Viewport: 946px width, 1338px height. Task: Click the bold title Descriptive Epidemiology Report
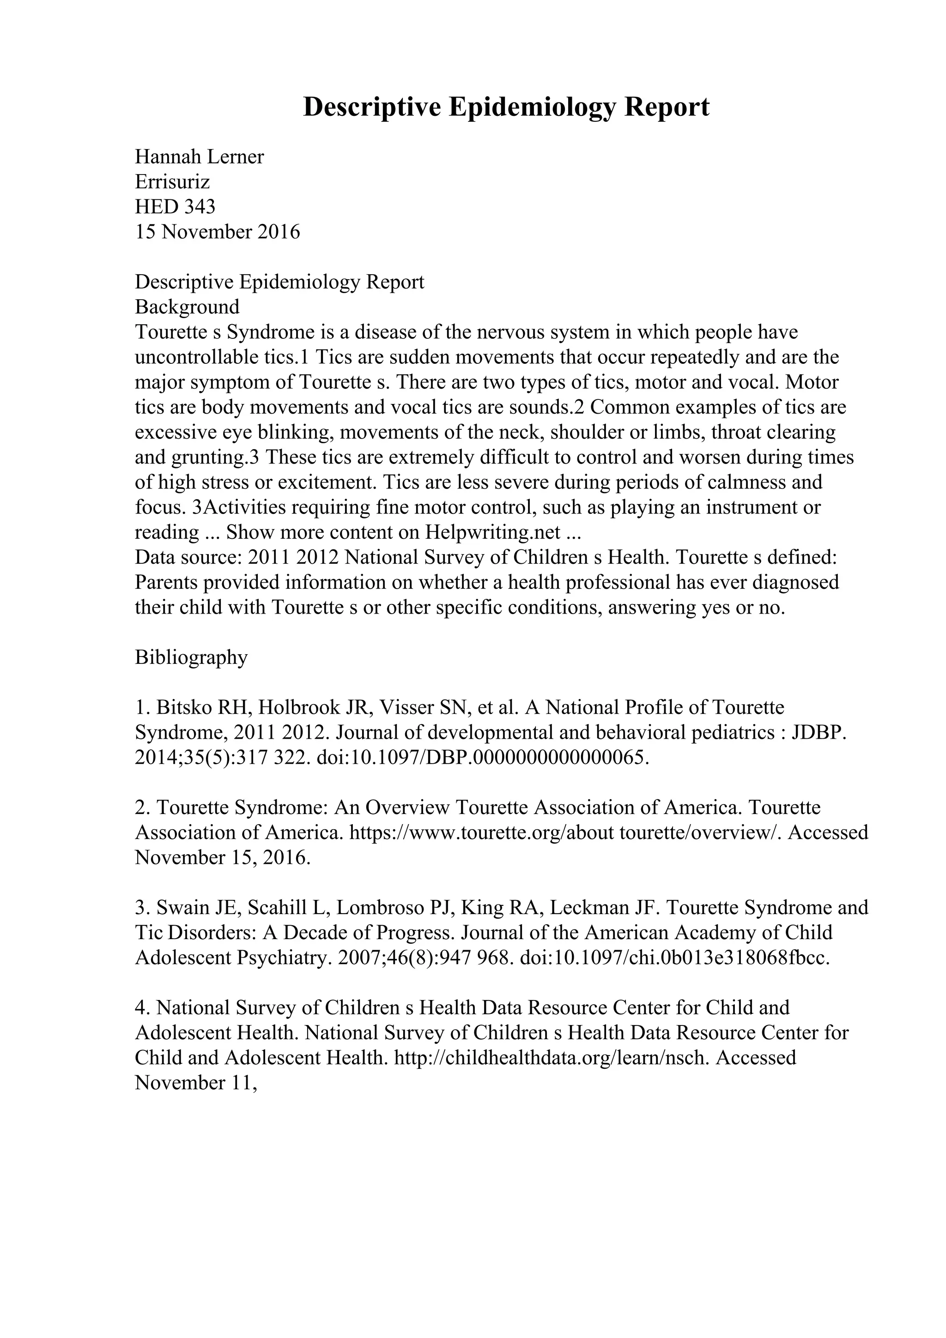(x=506, y=107)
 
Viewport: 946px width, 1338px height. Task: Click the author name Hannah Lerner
(x=200, y=157)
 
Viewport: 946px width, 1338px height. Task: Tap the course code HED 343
(x=175, y=207)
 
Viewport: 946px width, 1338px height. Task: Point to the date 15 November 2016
(x=218, y=232)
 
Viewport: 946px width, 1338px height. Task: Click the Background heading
(x=187, y=307)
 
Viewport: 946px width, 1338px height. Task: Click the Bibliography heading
(x=191, y=657)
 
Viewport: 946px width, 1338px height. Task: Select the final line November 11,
(x=196, y=1083)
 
